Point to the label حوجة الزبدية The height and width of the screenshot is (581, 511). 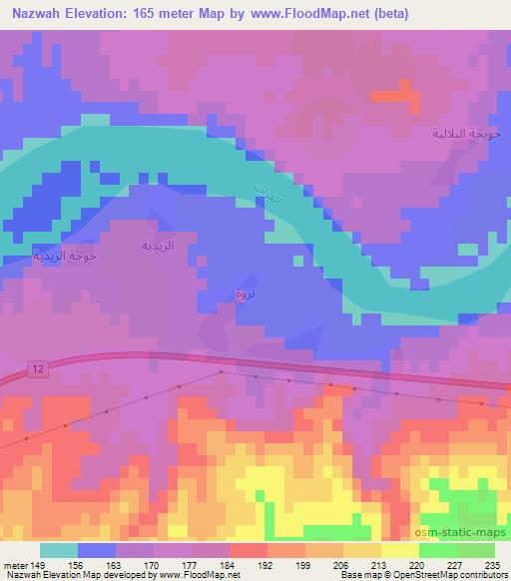tap(65, 256)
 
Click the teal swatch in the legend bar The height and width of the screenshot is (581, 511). tap(58, 549)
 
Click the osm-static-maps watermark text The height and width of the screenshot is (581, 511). tap(459, 532)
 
